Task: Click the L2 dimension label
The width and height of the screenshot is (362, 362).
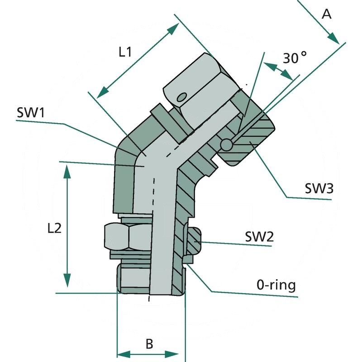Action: (54, 229)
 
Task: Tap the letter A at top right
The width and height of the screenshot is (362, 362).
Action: (326, 14)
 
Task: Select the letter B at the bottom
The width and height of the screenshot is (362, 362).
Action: (149, 343)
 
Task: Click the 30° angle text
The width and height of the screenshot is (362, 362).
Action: (295, 58)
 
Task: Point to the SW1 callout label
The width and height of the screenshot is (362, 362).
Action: (31, 113)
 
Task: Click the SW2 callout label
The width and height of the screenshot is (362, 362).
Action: (259, 236)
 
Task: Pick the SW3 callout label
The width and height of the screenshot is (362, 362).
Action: (319, 189)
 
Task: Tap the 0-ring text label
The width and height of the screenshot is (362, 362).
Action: (276, 285)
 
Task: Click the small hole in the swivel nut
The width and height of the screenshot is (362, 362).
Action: (182, 97)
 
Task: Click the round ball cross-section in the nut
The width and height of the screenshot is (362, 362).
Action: (226, 144)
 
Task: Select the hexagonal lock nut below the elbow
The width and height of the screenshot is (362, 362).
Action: (128, 236)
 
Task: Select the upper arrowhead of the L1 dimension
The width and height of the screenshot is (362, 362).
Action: (173, 29)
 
